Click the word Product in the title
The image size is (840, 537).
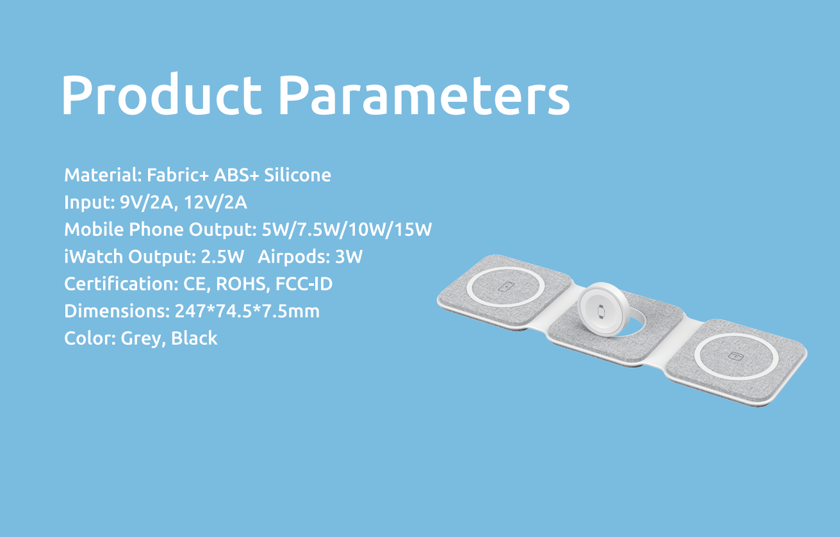161,94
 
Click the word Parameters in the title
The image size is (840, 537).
424,94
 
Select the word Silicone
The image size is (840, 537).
297,175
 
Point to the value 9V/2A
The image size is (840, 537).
147,202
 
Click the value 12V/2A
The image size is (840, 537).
215,202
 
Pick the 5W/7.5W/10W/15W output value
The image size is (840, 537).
347,229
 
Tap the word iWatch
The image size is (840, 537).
94,256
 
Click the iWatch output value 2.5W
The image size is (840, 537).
222,256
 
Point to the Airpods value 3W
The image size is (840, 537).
349,256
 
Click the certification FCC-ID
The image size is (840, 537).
304,284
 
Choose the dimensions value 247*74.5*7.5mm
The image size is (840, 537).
247,311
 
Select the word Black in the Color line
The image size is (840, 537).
194,338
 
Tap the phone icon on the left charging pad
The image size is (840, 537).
506,287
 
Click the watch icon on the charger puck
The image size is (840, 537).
601,312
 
